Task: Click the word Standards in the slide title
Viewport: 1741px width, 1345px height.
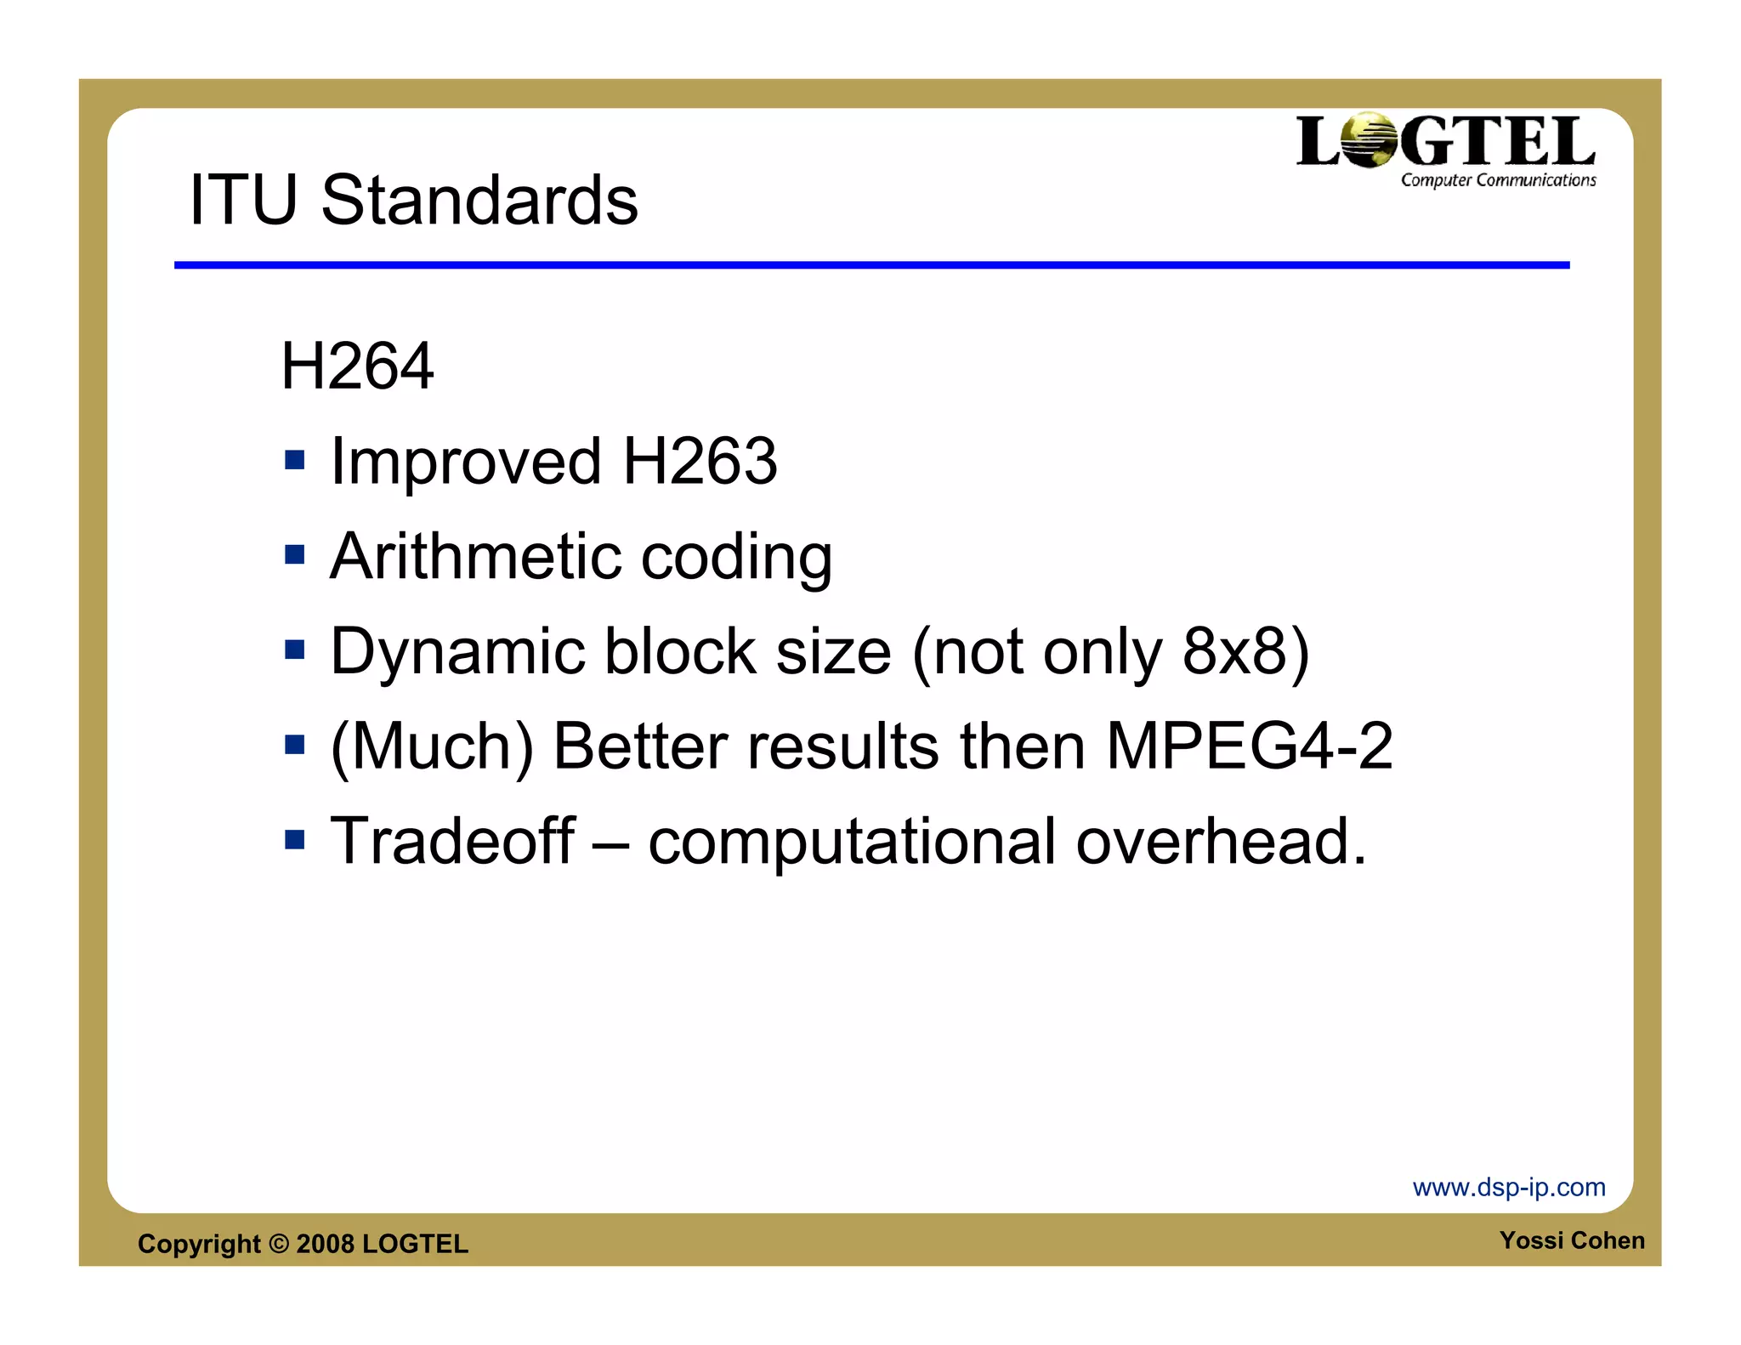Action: click(479, 201)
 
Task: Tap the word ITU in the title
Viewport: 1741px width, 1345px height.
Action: click(242, 201)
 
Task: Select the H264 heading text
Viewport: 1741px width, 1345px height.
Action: click(357, 366)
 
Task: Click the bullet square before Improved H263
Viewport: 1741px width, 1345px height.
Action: click(294, 461)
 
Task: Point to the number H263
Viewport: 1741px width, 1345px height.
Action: click(700, 462)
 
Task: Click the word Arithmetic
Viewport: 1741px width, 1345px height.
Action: click(475, 557)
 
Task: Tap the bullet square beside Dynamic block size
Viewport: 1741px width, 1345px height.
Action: click(294, 650)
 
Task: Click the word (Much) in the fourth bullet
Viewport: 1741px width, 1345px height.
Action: click(432, 746)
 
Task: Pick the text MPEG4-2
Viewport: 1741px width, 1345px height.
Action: click(1249, 746)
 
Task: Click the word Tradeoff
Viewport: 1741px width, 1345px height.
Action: click(452, 841)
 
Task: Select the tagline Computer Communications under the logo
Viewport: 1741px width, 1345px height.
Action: click(1498, 180)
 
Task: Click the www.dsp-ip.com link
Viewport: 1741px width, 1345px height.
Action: click(1509, 1187)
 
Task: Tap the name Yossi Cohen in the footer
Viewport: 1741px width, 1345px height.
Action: click(1572, 1240)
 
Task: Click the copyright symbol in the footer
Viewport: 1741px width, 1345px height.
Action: click(279, 1244)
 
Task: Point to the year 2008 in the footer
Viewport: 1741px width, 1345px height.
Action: click(325, 1244)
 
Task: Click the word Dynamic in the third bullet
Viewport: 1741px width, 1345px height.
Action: click(458, 652)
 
